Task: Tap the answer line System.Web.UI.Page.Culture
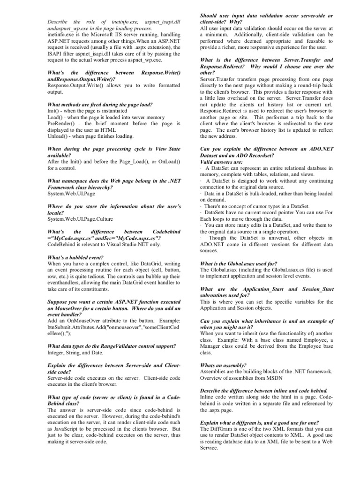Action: click(80, 218)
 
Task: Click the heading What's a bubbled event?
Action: click(76, 257)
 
